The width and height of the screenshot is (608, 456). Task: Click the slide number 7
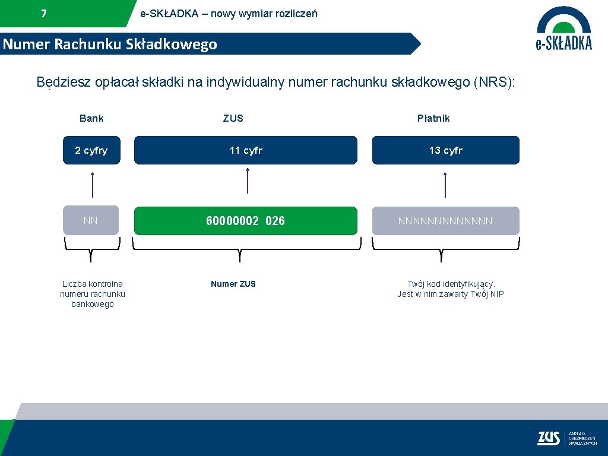tap(44, 14)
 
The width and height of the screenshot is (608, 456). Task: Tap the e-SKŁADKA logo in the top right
tap(563, 28)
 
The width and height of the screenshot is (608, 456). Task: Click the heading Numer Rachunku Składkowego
tap(110, 45)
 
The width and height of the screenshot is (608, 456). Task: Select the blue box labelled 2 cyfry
tap(91, 150)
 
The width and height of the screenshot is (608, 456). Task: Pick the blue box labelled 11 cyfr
tap(246, 150)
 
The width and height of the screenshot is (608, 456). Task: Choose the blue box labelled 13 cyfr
tap(445, 150)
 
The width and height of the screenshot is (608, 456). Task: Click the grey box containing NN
tap(91, 220)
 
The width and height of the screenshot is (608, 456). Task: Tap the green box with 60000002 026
tap(246, 221)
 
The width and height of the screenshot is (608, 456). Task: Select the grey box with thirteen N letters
tap(445, 221)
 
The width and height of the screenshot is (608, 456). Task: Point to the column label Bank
tap(91, 118)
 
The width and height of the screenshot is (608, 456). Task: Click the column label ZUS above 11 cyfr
tap(233, 118)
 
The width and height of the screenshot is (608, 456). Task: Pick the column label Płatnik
tap(433, 118)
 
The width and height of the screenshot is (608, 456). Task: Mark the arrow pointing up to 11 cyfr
tap(248, 180)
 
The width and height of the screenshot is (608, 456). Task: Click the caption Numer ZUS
tap(233, 284)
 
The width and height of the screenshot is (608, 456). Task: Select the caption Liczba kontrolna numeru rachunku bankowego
tap(93, 294)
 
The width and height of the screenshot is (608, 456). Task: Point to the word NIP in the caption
tap(496, 294)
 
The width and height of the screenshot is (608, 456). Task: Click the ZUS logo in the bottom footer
tap(549, 438)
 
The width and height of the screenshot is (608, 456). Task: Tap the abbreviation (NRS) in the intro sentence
tap(493, 82)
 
